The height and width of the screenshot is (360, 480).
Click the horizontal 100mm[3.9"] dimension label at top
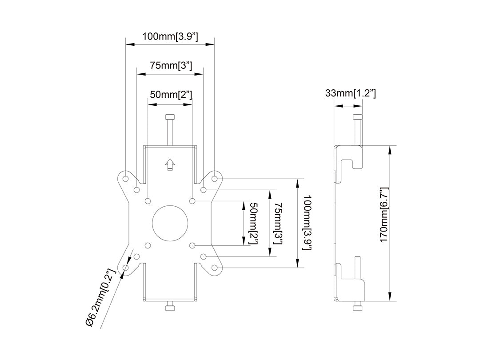tap(170, 36)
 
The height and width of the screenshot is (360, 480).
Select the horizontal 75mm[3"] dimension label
tap(170, 65)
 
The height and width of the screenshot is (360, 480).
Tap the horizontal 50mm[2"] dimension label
tap(170, 94)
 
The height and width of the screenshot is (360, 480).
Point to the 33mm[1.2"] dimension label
tap(351, 93)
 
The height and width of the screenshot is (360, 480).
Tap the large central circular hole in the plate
tap(170, 223)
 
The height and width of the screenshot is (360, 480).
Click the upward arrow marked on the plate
tap(170, 164)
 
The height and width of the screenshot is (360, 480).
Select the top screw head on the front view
tap(170, 117)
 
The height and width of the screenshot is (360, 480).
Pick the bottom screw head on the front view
tap(170, 308)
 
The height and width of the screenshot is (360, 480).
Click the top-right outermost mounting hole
tap(215, 178)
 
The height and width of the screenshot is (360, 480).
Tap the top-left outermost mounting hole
tap(125, 178)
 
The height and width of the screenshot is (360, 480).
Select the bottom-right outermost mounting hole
tap(215, 268)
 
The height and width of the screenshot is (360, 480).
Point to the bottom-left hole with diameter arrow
tap(125, 268)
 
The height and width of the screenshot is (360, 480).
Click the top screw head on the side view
tap(358, 117)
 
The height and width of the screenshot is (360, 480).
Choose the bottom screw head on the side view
tap(358, 308)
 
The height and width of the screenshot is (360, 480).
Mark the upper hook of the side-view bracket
tap(356, 160)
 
